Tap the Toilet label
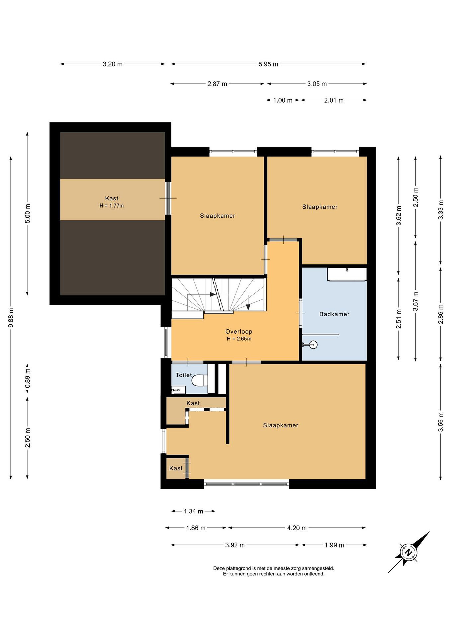click(184, 375)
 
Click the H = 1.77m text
click(112, 206)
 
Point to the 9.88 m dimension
click(11, 318)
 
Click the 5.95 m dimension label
click(268, 64)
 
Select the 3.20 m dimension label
click(112, 64)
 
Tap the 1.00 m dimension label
click(283, 100)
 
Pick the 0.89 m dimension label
click(27, 378)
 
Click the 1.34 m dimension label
click(193, 511)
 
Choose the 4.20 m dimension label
click(297, 528)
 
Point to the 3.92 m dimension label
click(235, 545)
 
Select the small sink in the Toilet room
click(178, 390)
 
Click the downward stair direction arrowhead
click(248, 307)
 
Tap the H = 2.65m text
click(239, 339)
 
